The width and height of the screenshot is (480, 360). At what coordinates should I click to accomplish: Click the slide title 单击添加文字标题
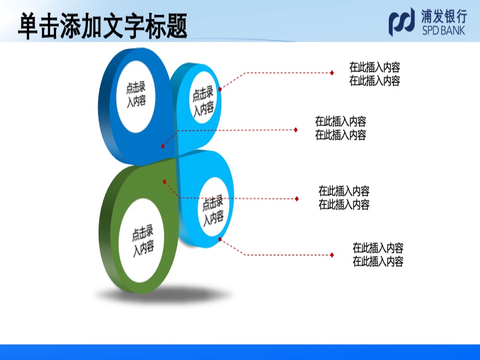point(102,26)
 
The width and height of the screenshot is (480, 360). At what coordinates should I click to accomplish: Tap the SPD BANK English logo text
point(444,30)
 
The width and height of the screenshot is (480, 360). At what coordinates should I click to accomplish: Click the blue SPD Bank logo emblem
point(402,22)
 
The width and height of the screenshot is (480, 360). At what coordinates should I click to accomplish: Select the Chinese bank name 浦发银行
point(444,16)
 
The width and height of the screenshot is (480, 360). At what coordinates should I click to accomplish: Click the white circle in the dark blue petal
point(136,97)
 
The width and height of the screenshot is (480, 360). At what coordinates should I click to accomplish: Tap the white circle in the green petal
point(141,241)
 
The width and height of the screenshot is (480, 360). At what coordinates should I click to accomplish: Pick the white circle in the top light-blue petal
point(203,98)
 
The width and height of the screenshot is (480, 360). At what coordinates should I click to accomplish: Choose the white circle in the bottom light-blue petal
point(213,207)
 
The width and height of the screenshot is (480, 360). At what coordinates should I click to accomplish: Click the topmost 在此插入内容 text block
point(375,74)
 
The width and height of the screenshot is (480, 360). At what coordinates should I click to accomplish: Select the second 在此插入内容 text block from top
point(341,128)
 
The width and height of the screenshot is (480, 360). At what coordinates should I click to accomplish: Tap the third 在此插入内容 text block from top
point(344,198)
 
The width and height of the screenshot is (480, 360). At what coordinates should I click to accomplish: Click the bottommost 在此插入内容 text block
point(378,255)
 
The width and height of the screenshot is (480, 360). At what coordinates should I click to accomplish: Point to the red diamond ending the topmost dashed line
point(332,73)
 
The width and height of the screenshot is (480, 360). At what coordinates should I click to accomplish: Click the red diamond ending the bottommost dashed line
point(332,255)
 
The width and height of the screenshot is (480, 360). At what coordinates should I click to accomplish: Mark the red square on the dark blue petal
point(163,146)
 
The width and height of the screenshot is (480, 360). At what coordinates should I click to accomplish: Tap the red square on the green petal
point(164,182)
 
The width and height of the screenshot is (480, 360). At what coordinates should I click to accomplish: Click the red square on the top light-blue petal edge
point(220,89)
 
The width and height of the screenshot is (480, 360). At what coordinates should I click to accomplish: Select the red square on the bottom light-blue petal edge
point(220,239)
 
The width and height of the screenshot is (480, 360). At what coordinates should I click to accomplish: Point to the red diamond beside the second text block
point(295,130)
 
